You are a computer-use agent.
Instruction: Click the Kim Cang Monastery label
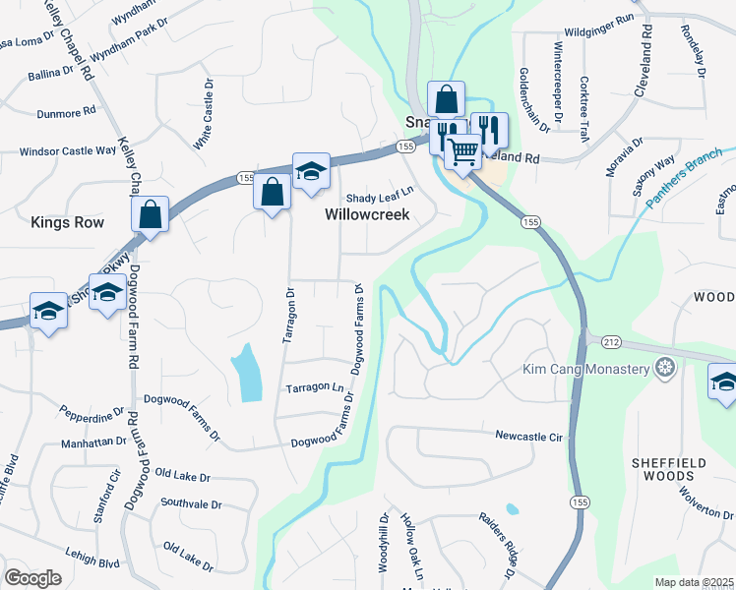(x=585, y=369)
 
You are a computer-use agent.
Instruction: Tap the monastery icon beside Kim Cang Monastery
(x=667, y=369)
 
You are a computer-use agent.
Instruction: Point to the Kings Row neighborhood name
(x=67, y=222)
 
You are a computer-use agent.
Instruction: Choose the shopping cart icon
(x=462, y=151)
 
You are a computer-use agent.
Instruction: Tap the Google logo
(x=32, y=578)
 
